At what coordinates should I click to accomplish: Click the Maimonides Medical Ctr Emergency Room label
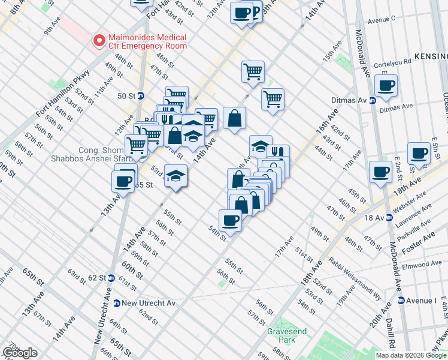(x=146, y=41)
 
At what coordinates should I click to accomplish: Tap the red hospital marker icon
(x=98, y=41)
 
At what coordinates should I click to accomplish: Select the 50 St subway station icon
(x=141, y=95)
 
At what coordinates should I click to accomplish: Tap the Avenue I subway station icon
(x=400, y=300)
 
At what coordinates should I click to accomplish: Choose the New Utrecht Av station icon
(x=117, y=303)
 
